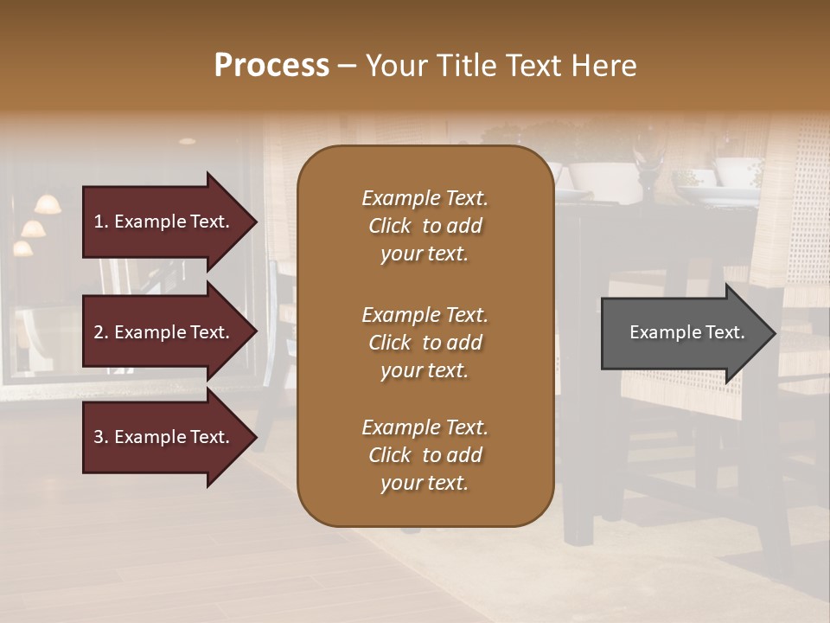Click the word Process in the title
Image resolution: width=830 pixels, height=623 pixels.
point(271,65)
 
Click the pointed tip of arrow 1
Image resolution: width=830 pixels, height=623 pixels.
point(255,222)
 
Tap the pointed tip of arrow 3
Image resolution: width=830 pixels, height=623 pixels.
point(255,437)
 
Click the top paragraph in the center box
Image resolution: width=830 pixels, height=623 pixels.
point(425,226)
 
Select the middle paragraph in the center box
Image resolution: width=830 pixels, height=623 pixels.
point(425,343)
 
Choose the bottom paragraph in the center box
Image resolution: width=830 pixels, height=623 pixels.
point(425,455)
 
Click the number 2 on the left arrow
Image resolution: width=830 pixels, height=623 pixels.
point(99,332)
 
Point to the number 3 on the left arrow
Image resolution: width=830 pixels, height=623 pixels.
point(99,437)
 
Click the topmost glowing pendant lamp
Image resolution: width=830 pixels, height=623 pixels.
point(48,205)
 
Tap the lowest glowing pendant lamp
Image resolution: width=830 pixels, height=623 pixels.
point(22,248)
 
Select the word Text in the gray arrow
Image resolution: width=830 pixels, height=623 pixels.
point(726,332)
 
